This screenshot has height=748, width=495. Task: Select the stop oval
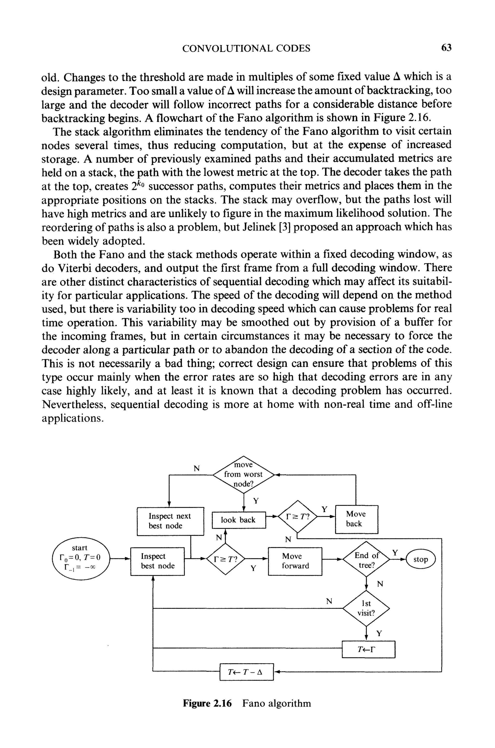click(421, 559)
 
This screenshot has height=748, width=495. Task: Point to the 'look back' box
click(238, 520)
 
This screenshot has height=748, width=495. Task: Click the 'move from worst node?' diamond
click(243, 474)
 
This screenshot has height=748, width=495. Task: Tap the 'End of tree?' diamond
click(366, 559)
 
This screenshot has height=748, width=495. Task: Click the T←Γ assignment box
click(368, 649)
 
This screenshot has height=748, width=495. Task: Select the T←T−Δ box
click(246, 672)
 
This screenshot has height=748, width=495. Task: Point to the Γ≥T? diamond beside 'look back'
click(297, 517)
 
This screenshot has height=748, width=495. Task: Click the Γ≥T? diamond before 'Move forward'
click(226, 559)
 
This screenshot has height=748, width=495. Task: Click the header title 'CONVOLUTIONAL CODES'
click(246, 48)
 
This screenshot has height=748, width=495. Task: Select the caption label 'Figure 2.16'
click(207, 704)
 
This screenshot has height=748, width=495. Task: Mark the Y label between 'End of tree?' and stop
click(395, 552)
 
